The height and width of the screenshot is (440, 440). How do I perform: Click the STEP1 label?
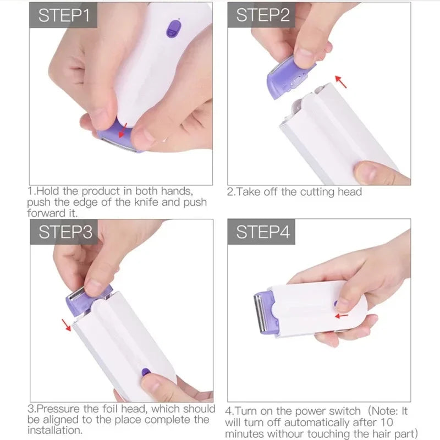[x=63, y=15]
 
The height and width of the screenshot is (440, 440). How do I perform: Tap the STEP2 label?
[x=262, y=15]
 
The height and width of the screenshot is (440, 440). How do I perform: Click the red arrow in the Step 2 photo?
[x=342, y=83]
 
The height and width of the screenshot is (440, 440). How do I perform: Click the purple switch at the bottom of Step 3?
[x=146, y=372]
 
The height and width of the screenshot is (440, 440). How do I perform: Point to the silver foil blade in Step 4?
[x=257, y=313]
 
